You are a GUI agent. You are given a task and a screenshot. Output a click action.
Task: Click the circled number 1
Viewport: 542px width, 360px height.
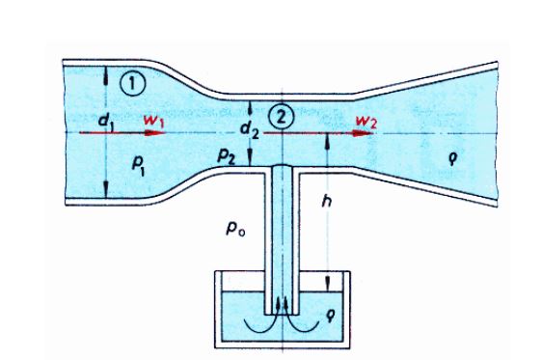pyautogui.click(x=133, y=83)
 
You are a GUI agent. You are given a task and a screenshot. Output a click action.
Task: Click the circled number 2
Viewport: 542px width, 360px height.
pyautogui.click(x=282, y=117)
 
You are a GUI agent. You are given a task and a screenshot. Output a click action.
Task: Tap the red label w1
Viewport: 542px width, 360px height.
pyautogui.click(x=153, y=121)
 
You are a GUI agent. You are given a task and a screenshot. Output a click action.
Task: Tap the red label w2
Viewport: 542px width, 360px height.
pyautogui.click(x=366, y=122)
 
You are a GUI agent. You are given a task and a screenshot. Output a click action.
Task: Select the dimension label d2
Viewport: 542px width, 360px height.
pyautogui.click(x=250, y=129)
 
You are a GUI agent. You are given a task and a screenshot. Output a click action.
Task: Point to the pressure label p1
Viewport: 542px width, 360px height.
pyautogui.click(x=138, y=165)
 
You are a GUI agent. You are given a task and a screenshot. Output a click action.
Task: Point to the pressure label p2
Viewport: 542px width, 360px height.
pyautogui.click(x=227, y=156)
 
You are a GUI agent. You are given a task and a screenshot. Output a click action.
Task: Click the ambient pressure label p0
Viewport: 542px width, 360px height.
pyautogui.click(x=235, y=228)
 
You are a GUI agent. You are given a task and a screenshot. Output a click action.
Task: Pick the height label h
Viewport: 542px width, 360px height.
pyautogui.click(x=326, y=200)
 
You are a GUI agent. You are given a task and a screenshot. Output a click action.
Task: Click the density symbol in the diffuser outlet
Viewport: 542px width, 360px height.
pyautogui.click(x=453, y=158)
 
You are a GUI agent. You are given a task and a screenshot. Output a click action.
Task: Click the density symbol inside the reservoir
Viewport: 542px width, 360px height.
pyautogui.click(x=330, y=315)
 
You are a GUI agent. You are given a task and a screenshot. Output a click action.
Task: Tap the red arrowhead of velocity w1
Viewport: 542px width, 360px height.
pyautogui.click(x=153, y=133)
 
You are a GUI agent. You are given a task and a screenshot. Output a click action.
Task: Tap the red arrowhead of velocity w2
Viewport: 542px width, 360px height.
pyautogui.click(x=363, y=133)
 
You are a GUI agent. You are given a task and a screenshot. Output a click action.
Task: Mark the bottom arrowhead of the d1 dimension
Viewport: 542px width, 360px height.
pyautogui.click(x=106, y=189)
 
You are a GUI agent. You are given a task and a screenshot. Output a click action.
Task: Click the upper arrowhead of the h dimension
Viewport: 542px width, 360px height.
pyautogui.click(x=327, y=141)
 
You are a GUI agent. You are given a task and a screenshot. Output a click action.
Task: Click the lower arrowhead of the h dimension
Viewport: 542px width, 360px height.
pyautogui.click(x=327, y=284)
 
